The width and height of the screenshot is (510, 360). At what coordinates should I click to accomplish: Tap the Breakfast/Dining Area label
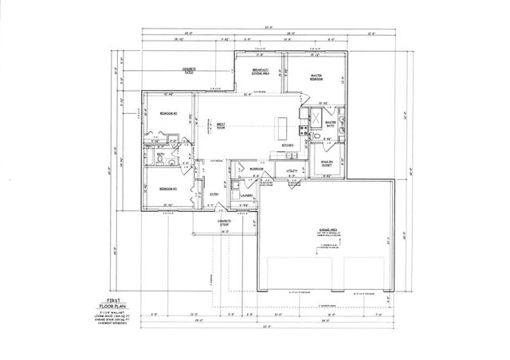tap(261, 72)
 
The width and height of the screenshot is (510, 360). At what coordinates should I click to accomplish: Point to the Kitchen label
tap(288, 146)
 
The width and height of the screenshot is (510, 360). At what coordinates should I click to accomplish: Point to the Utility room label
tap(292, 170)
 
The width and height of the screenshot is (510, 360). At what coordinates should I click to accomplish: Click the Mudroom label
tap(256, 169)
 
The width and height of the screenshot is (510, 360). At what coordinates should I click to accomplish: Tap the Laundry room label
tap(247, 195)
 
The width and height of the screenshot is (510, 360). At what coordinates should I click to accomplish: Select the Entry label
tap(214, 194)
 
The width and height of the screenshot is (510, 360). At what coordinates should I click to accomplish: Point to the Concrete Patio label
tap(189, 71)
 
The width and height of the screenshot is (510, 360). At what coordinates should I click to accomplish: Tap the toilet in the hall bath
tap(162, 160)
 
